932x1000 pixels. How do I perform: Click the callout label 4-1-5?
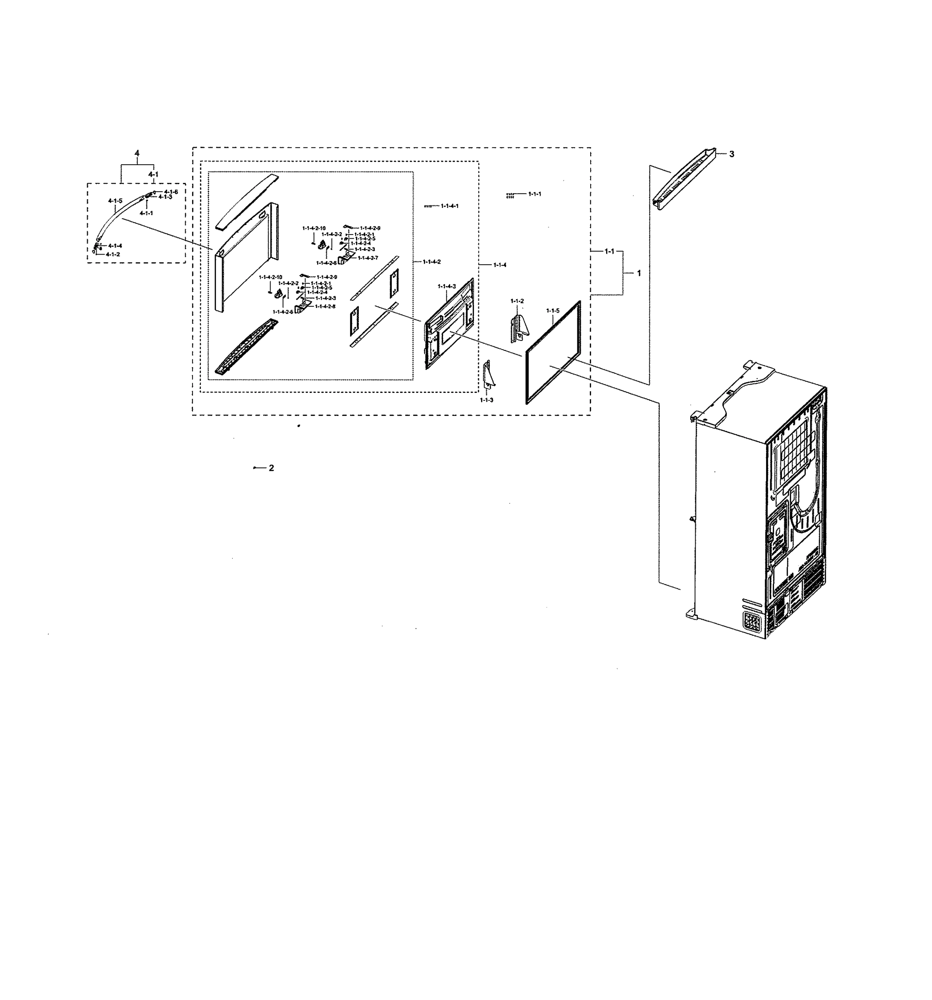pyautogui.click(x=115, y=201)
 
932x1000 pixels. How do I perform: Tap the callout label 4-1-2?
pyautogui.click(x=113, y=255)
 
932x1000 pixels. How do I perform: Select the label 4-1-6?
pyautogui.click(x=170, y=192)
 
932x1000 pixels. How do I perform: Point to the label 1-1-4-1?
pyautogui.click(x=449, y=206)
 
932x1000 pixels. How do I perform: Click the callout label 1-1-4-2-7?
pyautogui.click(x=367, y=257)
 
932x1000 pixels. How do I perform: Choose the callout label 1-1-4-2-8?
pyautogui.click(x=325, y=306)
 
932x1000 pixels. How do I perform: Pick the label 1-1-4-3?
pyautogui.click(x=446, y=286)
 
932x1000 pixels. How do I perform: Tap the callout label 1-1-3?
pyautogui.click(x=486, y=400)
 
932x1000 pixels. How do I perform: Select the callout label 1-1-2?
pyautogui.click(x=517, y=301)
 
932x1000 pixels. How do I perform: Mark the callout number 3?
pyautogui.click(x=731, y=154)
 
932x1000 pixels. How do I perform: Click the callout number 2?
pyautogui.click(x=271, y=468)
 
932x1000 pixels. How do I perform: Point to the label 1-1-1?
pyautogui.click(x=534, y=194)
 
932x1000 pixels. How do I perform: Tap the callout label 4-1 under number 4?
pyautogui.click(x=153, y=174)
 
